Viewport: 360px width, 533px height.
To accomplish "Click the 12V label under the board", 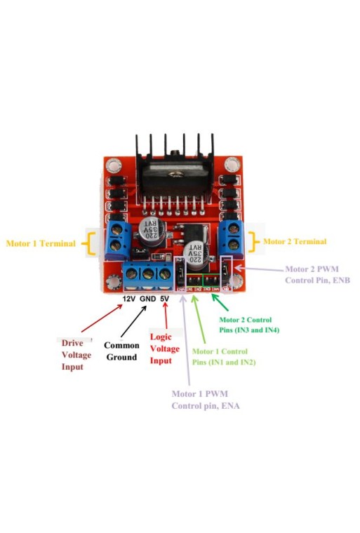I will pyautogui.click(x=128, y=299).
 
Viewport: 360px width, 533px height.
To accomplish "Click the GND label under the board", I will pyautogui.click(x=147, y=299).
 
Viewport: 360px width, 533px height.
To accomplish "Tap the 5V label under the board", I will pyautogui.click(x=164, y=299).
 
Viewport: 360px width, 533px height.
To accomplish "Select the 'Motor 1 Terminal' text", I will pyautogui.click(x=41, y=244).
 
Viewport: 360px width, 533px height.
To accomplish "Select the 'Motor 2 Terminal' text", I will pyautogui.click(x=295, y=241).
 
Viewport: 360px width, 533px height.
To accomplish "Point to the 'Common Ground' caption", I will pyautogui.click(x=122, y=351).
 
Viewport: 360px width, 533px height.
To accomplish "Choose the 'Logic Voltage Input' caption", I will pyautogui.click(x=165, y=349).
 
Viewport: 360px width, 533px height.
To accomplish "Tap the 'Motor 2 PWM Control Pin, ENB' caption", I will pyautogui.click(x=317, y=274).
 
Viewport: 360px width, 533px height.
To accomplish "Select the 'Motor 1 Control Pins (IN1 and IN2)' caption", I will pyautogui.click(x=224, y=356).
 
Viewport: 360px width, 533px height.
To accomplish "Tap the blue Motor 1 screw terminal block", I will pyautogui.click(x=118, y=239).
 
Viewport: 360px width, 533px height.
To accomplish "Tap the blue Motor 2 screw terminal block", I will pyautogui.click(x=232, y=238).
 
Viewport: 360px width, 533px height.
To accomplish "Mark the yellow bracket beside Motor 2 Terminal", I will pyautogui.click(x=255, y=241).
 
